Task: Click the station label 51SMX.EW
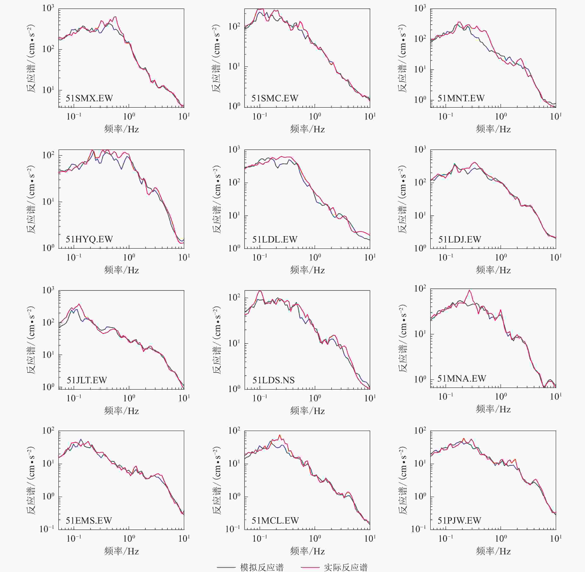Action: [89, 99]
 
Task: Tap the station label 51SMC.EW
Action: [275, 99]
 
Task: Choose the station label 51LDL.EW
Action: [275, 240]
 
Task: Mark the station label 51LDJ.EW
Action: [460, 240]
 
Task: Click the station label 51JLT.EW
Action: [87, 380]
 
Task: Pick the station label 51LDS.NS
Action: [273, 380]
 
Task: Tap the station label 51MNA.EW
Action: [462, 379]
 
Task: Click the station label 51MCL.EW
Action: [275, 521]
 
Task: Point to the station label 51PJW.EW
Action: [459, 521]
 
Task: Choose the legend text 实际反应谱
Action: [346, 567]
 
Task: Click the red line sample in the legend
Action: [310, 567]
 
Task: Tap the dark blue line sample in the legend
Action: [226, 567]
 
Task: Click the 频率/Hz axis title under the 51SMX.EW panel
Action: [121, 129]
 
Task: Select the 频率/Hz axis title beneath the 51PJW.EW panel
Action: [493, 551]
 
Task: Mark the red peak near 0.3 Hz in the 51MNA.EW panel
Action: [469, 290]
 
